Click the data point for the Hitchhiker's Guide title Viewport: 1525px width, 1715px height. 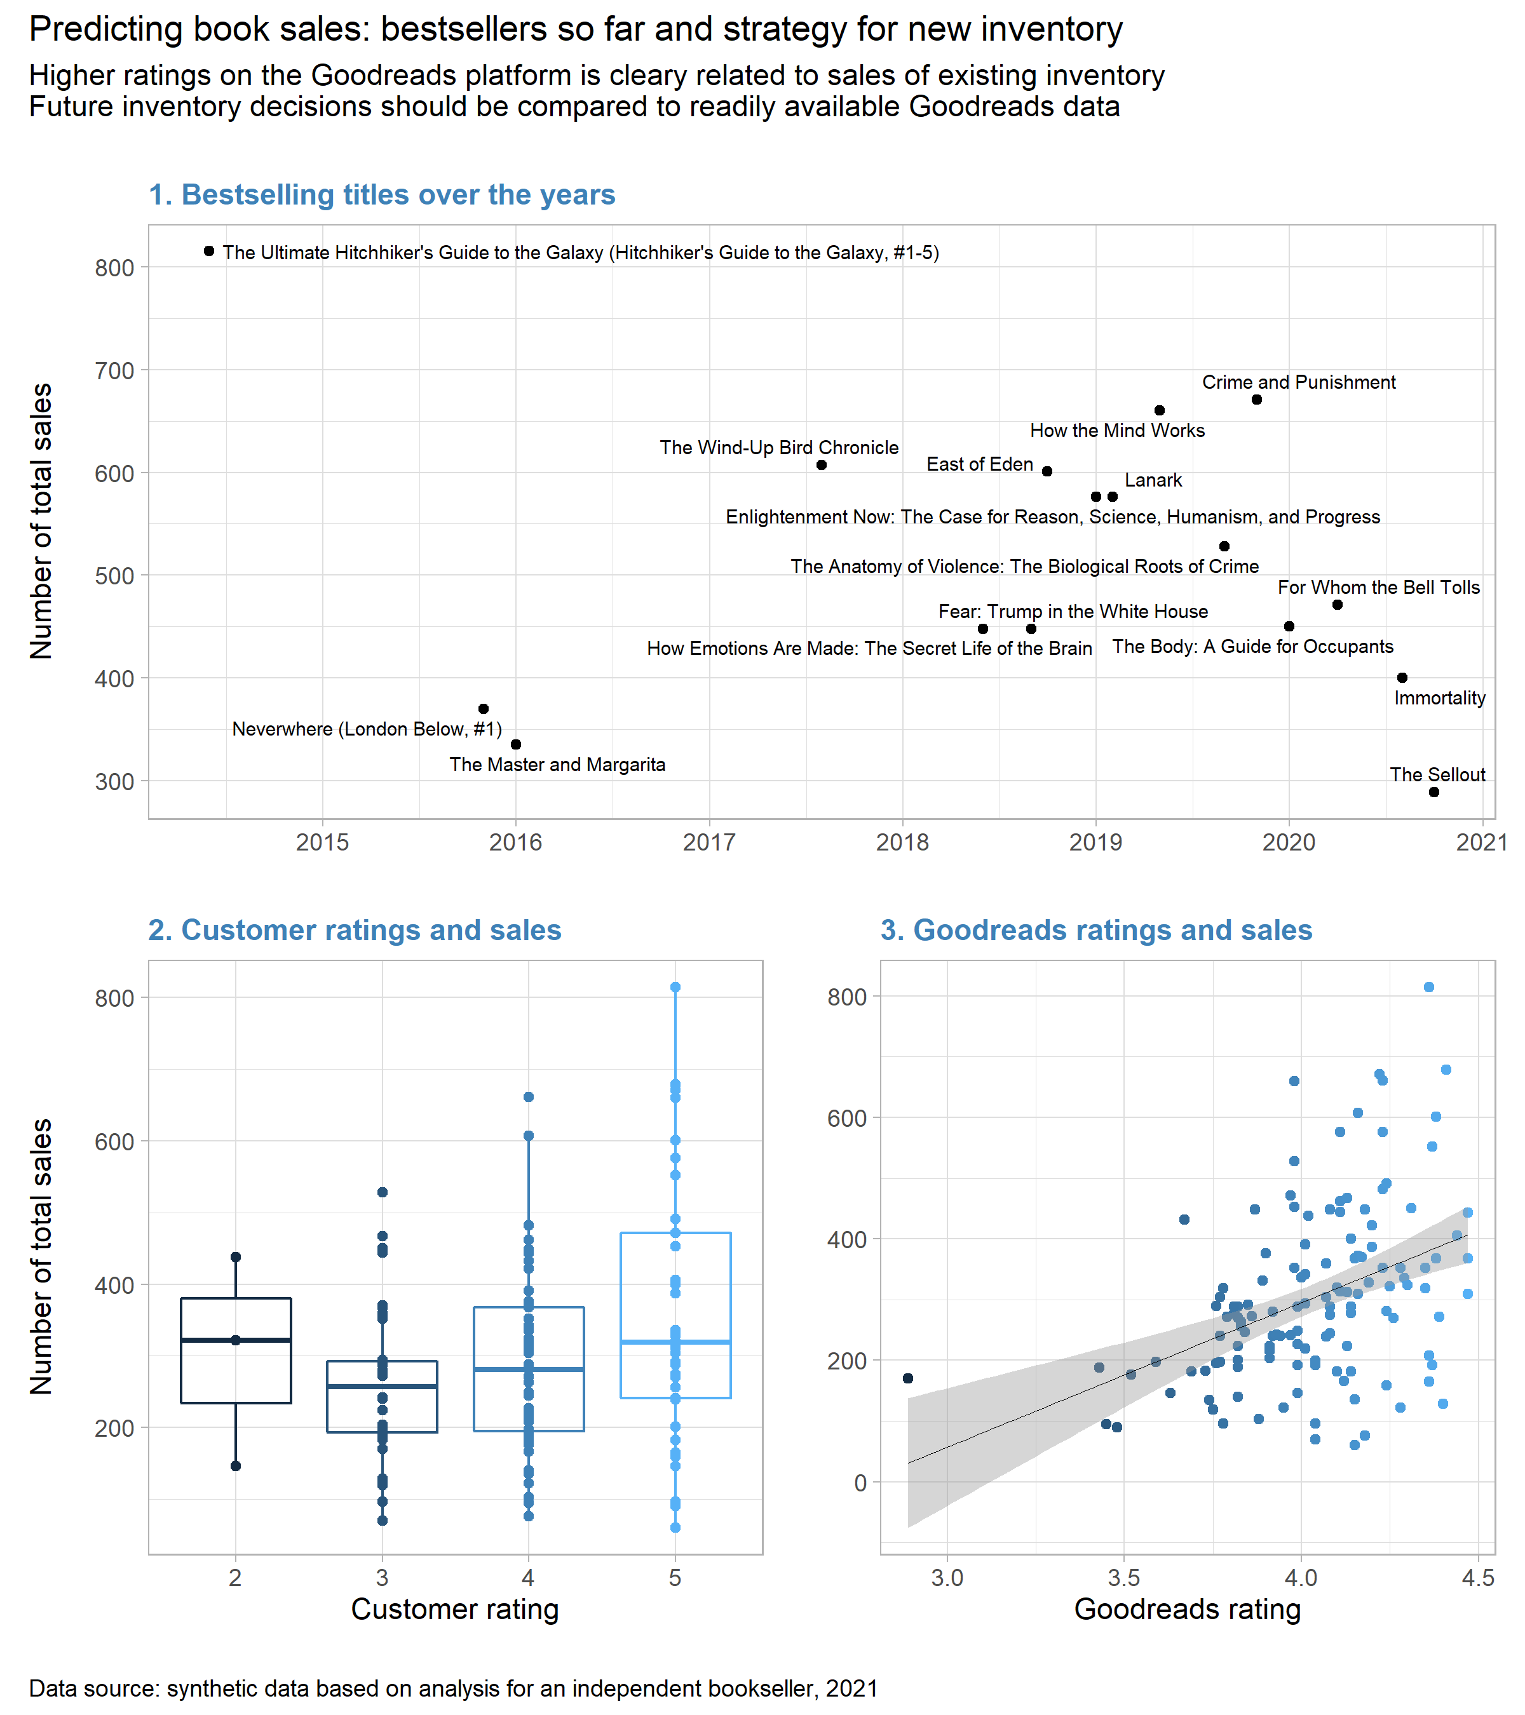pos(209,251)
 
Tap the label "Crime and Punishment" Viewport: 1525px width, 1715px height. pos(1298,382)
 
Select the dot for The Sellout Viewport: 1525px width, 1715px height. pos(1433,792)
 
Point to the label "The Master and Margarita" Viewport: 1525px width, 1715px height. pos(557,764)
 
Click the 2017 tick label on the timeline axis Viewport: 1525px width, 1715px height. pos(709,842)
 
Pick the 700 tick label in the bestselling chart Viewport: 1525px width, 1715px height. pos(114,371)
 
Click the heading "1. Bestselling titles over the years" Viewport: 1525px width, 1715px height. pos(381,194)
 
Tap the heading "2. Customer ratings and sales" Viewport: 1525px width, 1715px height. pos(354,930)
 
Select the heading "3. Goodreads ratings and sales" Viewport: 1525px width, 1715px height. pos(1095,930)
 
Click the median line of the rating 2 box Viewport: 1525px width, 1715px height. pos(236,1340)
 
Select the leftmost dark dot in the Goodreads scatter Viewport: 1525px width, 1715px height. pos(907,1378)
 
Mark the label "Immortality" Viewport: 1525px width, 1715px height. pos(1439,698)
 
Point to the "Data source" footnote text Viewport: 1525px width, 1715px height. pos(453,1688)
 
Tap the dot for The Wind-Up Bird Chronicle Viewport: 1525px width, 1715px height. pos(821,465)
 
